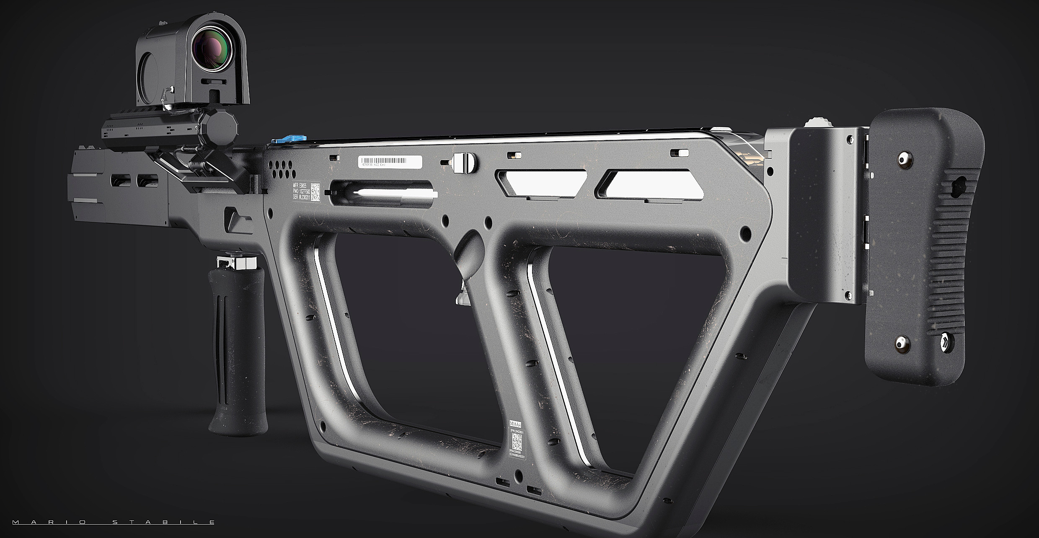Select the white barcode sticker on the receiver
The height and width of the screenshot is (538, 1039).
coord(390,162)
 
